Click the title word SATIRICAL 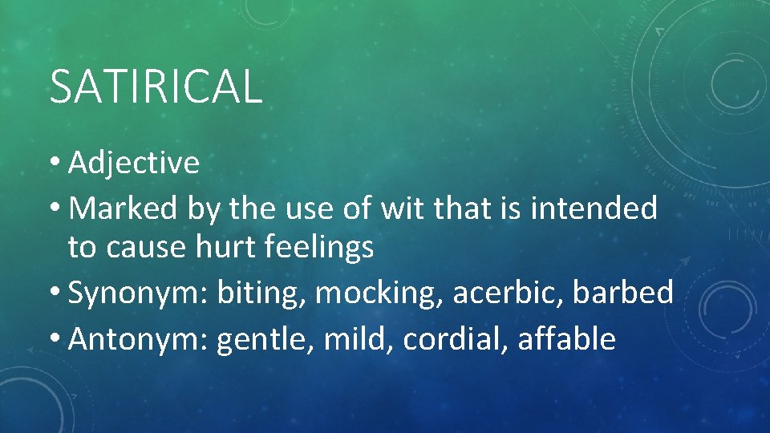pos(156,87)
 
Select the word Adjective pos(134,164)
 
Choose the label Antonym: pos(140,339)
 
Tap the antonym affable pos(567,339)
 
